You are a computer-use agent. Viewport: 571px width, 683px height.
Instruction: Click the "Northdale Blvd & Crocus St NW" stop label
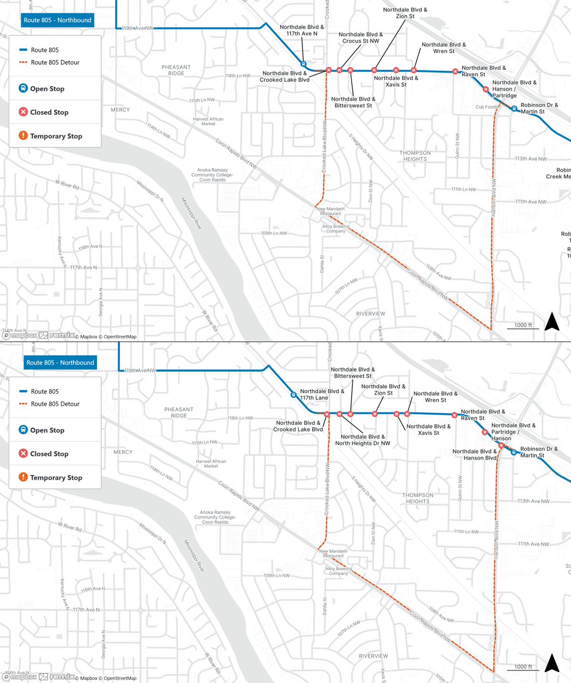pyautogui.click(x=361, y=38)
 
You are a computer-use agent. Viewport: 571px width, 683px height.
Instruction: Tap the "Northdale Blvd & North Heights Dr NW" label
pyautogui.click(x=363, y=440)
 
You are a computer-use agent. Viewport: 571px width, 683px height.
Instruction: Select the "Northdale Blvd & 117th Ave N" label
pyautogui.click(x=302, y=30)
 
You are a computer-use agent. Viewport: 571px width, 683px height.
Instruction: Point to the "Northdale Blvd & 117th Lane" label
pyautogui.click(x=322, y=394)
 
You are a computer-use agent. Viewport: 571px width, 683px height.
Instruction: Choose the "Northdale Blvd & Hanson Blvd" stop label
pyautogui.click(x=474, y=455)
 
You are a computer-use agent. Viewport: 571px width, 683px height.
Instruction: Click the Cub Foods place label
pyautogui.click(x=486, y=107)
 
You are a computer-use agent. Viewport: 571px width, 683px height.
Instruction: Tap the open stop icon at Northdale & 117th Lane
pyautogui.click(x=294, y=395)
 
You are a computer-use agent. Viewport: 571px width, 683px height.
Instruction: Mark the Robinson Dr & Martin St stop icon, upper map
pyautogui.click(x=514, y=109)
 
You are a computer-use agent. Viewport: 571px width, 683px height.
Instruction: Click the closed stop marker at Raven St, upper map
pyautogui.click(x=455, y=71)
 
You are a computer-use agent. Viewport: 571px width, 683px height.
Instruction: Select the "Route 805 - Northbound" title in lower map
pyautogui.click(x=60, y=363)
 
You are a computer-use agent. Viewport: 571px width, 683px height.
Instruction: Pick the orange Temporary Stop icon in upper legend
pyautogui.click(x=23, y=136)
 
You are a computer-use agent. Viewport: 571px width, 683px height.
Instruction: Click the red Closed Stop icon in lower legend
pyautogui.click(x=23, y=453)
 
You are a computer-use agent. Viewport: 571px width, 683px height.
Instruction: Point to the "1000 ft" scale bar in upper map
pyautogui.click(x=523, y=326)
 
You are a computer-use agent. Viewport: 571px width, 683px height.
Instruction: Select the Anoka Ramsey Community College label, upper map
pyautogui.click(x=213, y=175)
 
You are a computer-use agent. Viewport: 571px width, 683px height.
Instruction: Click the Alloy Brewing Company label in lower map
pyautogui.click(x=338, y=571)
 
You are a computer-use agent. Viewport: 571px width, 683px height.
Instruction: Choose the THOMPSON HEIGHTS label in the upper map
pyautogui.click(x=415, y=156)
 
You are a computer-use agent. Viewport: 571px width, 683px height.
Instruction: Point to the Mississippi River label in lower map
pyautogui.click(x=194, y=556)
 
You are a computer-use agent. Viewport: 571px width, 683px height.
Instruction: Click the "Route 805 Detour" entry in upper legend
pyautogui.click(x=55, y=62)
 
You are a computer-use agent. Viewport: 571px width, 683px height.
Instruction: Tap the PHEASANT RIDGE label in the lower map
pyautogui.click(x=178, y=412)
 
